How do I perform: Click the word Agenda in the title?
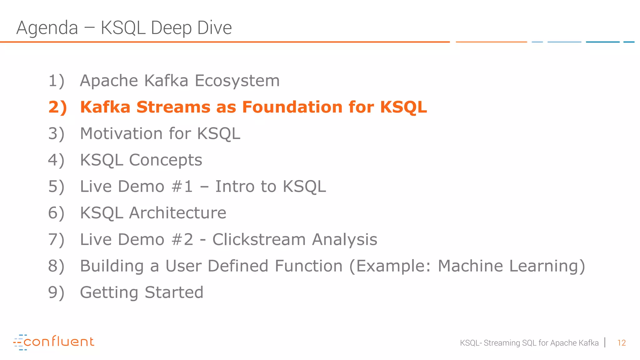tap(47, 28)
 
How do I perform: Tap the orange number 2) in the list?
tap(57, 107)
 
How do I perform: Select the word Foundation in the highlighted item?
tap(292, 107)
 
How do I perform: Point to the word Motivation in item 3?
tap(121, 134)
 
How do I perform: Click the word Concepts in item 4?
tap(165, 160)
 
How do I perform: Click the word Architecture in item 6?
tap(177, 213)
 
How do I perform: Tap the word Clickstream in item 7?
tap(259, 240)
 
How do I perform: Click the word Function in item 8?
tap(308, 266)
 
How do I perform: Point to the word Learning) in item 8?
tap(547, 266)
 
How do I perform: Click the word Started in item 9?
tap(174, 293)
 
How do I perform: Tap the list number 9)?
tap(56, 293)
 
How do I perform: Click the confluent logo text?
tap(59, 342)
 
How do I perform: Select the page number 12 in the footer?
tap(621, 343)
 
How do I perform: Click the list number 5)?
tap(56, 187)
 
